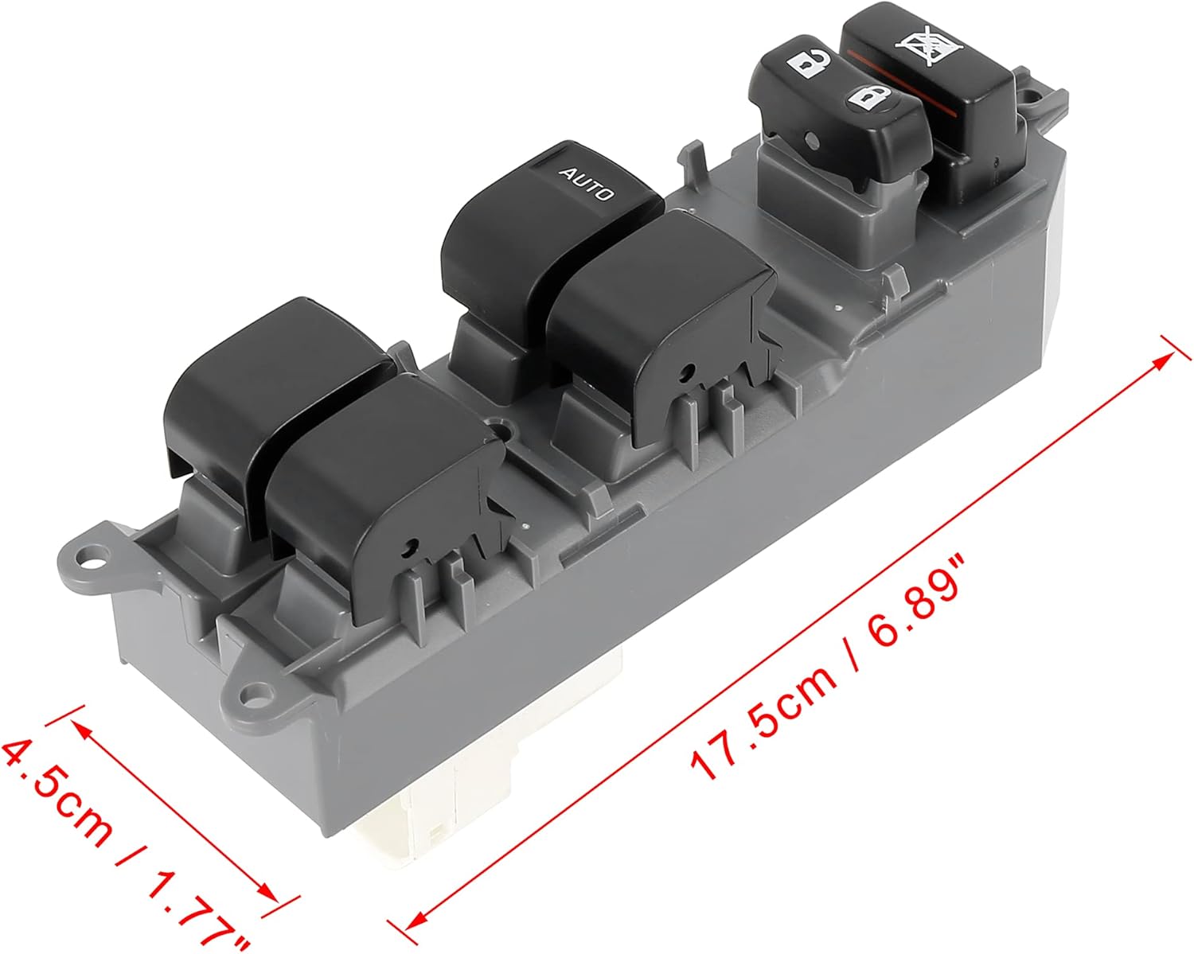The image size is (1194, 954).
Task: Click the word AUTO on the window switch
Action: click(x=587, y=182)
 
